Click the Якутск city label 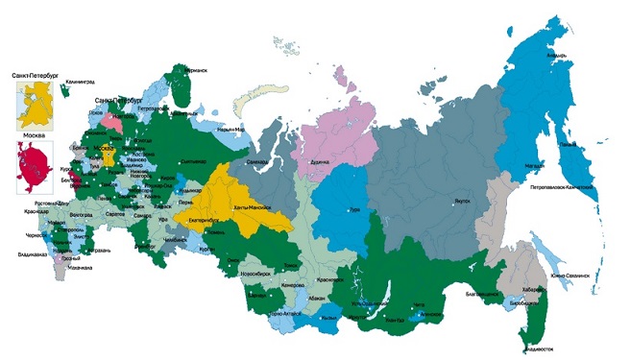pos(462,202)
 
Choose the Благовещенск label pos(485,291)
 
